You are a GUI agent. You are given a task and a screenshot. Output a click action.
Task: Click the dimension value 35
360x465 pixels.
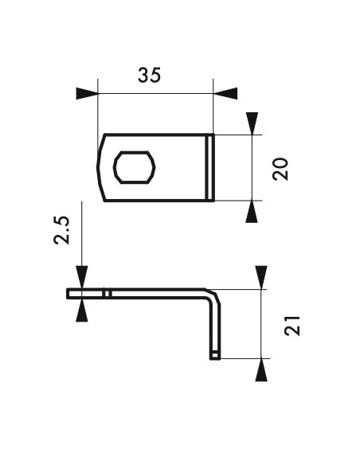(149, 76)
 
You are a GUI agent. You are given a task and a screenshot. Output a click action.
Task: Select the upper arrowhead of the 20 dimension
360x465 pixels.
(252, 123)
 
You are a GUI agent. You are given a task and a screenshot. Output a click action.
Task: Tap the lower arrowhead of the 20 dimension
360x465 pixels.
(252, 211)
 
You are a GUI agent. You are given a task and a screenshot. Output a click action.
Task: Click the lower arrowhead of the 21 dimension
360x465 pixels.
(260, 369)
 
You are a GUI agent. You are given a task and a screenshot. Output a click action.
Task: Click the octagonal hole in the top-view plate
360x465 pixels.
(138, 167)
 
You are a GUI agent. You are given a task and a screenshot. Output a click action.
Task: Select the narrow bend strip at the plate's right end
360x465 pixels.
(210, 167)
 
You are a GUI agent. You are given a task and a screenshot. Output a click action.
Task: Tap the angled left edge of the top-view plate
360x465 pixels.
(100, 167)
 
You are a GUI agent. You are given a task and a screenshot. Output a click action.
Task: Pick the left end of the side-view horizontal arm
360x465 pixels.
(70, 293)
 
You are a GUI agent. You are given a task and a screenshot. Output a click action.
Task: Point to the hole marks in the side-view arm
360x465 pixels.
(105, 293)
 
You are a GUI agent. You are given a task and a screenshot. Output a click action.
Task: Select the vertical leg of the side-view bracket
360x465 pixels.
(214, 326)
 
